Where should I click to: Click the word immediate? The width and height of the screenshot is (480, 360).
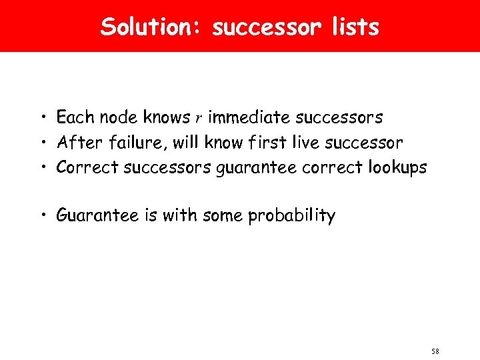[x=249, y=118]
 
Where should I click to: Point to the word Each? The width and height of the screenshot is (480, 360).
[x=75, y=118]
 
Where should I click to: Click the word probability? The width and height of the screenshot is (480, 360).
[x=291, y=216]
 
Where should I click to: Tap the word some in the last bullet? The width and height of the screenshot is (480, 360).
[x=223, y=216]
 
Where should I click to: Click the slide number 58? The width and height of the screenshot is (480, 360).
[x=435, y=351]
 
